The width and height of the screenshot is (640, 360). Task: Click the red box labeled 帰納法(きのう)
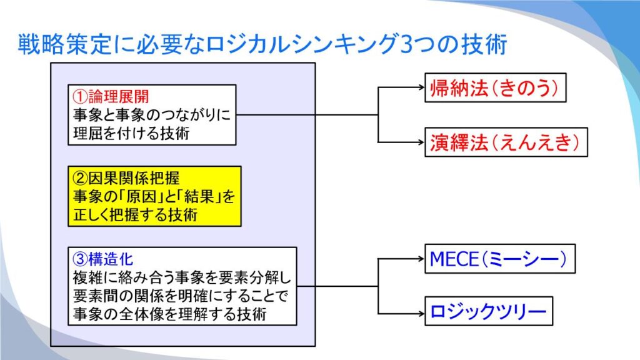pyautogui.click(x=495, y=87)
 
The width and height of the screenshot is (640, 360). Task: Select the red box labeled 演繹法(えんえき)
pyautogui.click(x=506, y=142)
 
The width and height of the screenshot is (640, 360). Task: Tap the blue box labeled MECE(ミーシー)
pyautogui.click(x=500, y=259)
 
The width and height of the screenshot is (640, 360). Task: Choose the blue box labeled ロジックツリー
pyautogui.click(x=489, y=311)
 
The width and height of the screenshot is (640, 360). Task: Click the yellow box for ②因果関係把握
pyautogui.click(x=155, y=196)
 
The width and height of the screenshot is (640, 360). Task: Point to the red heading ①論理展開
pyautogui.click(x=111, y=97)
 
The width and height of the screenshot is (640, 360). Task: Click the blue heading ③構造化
pyautogui.click(x=103, y=259)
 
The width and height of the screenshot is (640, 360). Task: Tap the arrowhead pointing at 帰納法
pyautogui.click(x=421, y=87)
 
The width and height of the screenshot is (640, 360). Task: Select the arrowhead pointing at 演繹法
pyautogui.click(x=421, y=142)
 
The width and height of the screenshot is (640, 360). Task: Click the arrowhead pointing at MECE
pyautogui.click(x=421, y=258)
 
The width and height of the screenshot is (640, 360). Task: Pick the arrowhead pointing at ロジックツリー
pyautogui.click(x=421, y=314)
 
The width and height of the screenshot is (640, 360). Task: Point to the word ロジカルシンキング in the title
pyautogui.click(x=302, y=44)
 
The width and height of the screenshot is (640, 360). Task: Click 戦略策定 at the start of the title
pyautogui.click(x=64, y=44)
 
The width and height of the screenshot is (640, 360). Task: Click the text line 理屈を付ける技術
pyautogui.click(x=131, y=134)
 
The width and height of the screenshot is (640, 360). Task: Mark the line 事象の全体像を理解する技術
pyautogui.click(x=170, y=314)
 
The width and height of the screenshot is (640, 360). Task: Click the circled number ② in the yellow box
pyautogui.click(x=80, y=178)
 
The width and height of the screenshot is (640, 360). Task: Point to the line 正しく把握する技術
pyautogui.click(x=136, y=215)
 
